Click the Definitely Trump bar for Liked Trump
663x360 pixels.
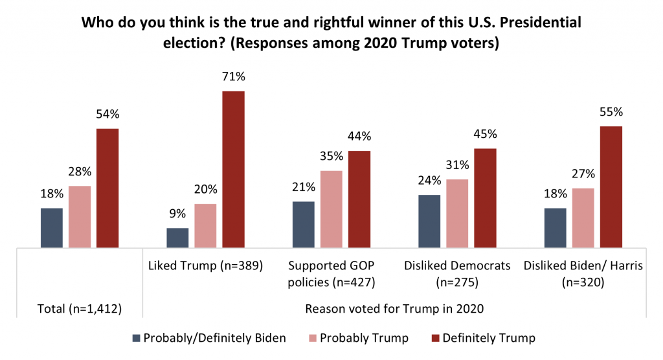click(x=233, y=170)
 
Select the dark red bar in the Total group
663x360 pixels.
click(x=107, y=188)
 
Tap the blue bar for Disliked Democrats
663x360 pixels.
click(x=429, y=221)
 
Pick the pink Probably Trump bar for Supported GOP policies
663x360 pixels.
click(x=331, y=209)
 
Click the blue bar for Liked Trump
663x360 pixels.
click(x=177, y=238)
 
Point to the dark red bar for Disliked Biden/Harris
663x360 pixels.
click(x=611, y=187)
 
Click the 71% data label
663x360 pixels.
click(x=233, y=77)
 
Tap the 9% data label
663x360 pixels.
click(x=177, y=214)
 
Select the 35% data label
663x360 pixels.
click(x=331, y=157)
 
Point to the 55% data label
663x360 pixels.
click(x=611, y=112)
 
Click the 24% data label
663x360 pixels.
click(x=429, y=181)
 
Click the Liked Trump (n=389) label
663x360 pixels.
click(x=205, y=265)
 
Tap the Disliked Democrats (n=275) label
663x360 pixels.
click(x=457, y=274)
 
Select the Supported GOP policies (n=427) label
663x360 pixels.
click(x=331, y=274)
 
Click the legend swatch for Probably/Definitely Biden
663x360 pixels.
click(x=135, y=338)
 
